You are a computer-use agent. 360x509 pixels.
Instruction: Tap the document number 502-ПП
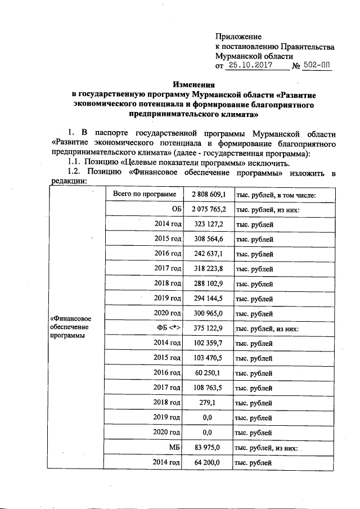click(317, 66)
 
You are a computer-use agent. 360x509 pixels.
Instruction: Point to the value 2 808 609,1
click(208, 195)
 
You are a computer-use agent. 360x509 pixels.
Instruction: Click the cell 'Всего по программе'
click(144, 195)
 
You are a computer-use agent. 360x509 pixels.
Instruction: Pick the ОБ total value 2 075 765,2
click(208, 210)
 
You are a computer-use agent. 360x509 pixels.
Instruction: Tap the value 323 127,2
click(208, 224)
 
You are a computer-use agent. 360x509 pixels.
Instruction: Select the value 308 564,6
click(208, 239)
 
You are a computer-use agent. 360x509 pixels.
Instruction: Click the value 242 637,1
click(208, 254)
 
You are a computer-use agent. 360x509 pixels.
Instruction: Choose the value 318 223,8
click(208, 269)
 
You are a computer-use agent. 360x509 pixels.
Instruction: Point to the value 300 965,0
click(208, 313)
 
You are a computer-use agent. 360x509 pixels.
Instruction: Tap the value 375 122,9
click(208, 328)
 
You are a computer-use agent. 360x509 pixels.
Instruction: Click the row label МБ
click(174, 447)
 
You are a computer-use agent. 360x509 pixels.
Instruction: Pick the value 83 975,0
click(208, 447)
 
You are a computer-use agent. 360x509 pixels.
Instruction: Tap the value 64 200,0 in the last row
click(208, 462)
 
